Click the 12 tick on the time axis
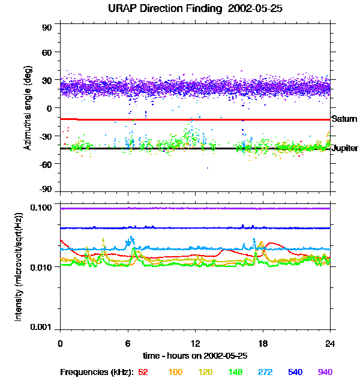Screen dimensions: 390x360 pyautogui.click(x=195, y=343)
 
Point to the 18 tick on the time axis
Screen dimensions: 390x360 pyautogui.click(x=262, y=343)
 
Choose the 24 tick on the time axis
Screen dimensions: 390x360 pyautogui.click(x=329, y=343)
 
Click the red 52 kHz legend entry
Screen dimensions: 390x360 pyautogui.click(x=143, y=373)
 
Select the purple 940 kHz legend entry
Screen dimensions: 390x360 pyautogui.click(x=325, y=373)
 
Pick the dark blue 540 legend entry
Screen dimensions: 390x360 pyautogui.click(x=295, y=373)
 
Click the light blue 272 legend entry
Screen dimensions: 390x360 pyautogui.click(x=265, y=373)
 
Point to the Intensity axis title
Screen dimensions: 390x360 pyautogui.click(x=19, y=266)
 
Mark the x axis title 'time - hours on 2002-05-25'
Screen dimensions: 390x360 pyautogui.click(x=195, y=356)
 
